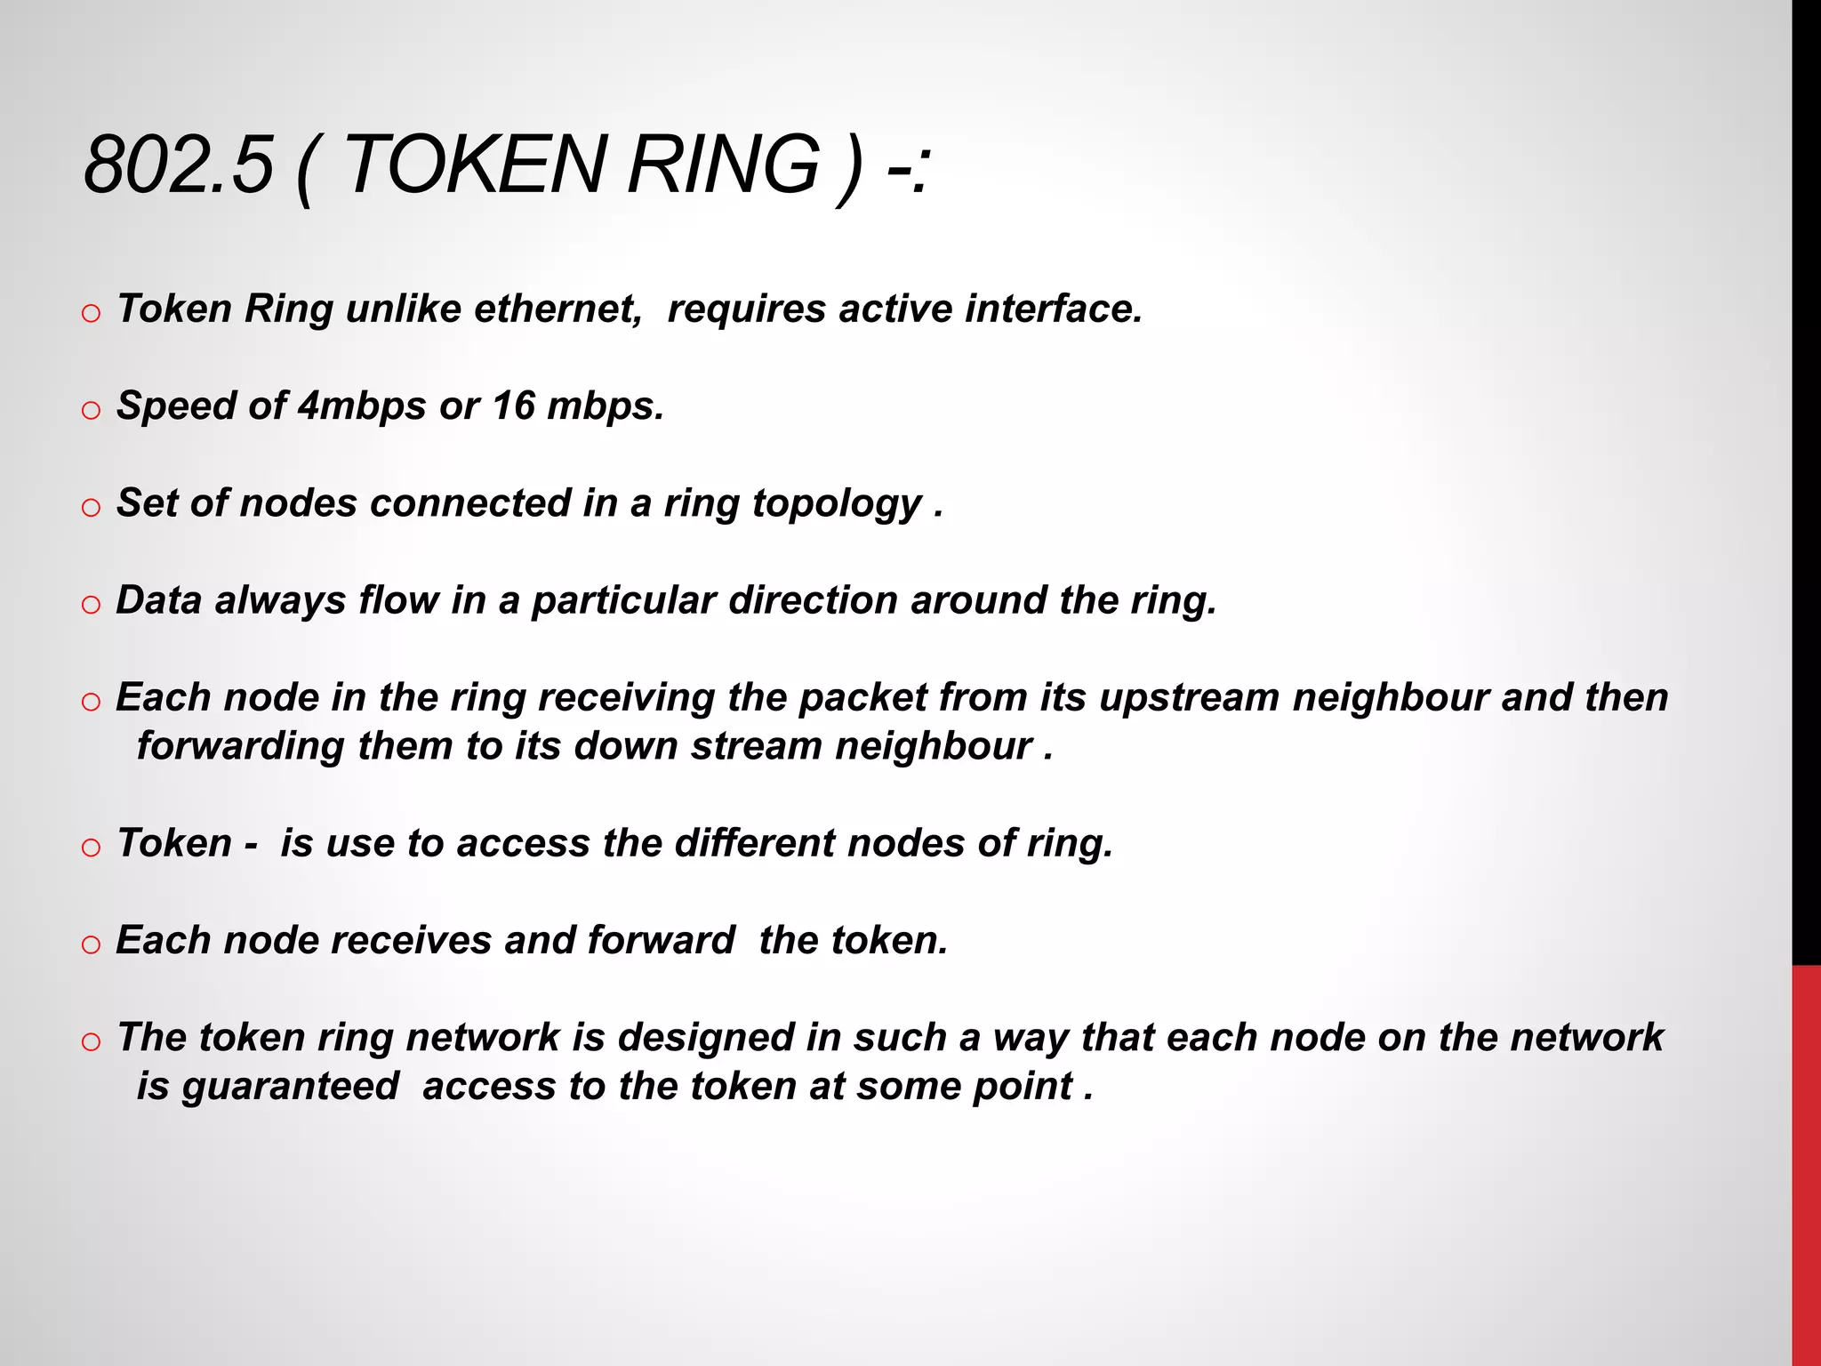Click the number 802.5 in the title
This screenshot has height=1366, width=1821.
point(178,165)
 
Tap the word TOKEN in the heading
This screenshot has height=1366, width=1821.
point(473,165)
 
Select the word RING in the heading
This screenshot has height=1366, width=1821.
point(723,165)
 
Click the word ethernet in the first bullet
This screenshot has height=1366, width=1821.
point(558,309)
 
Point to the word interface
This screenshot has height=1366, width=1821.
point(1054,309)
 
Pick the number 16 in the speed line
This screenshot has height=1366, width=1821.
point(514,406)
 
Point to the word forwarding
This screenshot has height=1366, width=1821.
point(240,747)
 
